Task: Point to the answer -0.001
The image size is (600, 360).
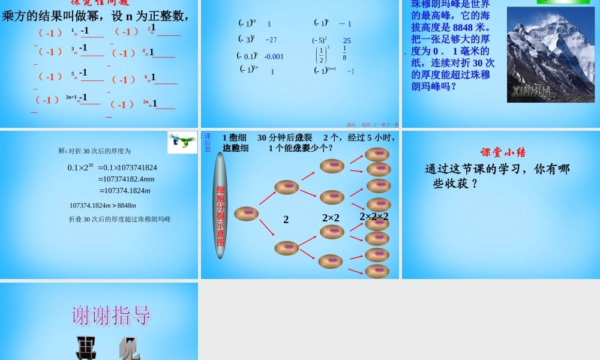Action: (x=274, y=57)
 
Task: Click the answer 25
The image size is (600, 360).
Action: (x=347, y=41)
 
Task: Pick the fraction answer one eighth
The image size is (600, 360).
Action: (x=344, y=53)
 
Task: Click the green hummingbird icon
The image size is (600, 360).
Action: (x=182, y=141)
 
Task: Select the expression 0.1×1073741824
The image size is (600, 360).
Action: (x=127, y=167)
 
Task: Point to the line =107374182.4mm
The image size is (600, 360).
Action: (x=128, y=179)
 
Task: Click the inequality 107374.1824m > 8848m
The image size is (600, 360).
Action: (x=99, y=205)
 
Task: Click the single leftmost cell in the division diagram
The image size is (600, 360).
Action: (x=246, y=213)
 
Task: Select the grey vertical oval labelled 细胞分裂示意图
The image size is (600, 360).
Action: (x=220, y=205)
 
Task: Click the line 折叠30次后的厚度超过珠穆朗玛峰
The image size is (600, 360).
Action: (x=119, y=219)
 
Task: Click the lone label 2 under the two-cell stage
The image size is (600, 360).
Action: (x=286, y=220)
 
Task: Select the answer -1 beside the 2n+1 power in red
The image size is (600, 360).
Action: (x=83, y=97)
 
